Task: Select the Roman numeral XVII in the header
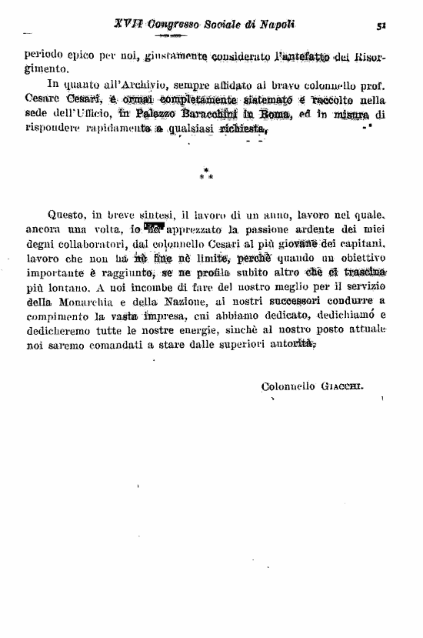(x=126, y=24)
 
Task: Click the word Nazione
(x=179, y=303)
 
